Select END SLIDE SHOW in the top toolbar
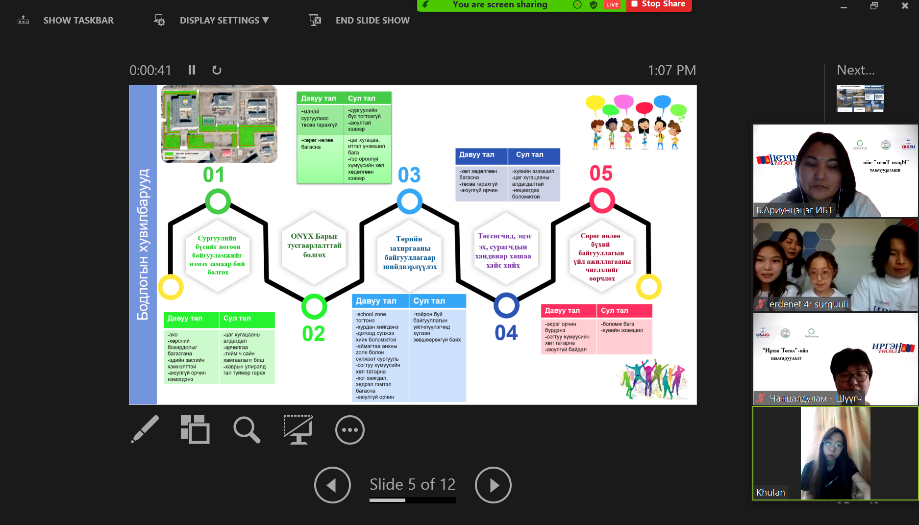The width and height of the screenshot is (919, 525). click(372, 21)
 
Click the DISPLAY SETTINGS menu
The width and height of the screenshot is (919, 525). click(224, 21)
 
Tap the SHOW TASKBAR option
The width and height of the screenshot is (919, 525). click(78, 21)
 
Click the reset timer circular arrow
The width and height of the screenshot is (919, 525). click(217, 71)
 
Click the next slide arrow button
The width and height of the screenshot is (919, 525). click(493, 485)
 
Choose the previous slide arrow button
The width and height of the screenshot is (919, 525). click(332, 485)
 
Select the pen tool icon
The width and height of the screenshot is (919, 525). click(145, 429)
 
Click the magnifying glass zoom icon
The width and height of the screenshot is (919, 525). click(247, 430)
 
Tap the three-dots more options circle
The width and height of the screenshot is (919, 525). click(349, 430)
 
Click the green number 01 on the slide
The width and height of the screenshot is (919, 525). click(214, 175)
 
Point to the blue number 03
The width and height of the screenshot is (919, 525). click(409, 175)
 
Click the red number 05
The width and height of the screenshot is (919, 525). click(601, 174)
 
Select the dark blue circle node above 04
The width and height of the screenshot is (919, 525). click(506, 305)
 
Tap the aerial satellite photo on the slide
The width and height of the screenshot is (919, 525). click(220, 124)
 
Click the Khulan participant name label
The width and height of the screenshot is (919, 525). click(770, 492)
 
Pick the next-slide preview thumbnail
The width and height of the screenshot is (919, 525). click(860, 99)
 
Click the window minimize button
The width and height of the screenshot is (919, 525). click(844, 6)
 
